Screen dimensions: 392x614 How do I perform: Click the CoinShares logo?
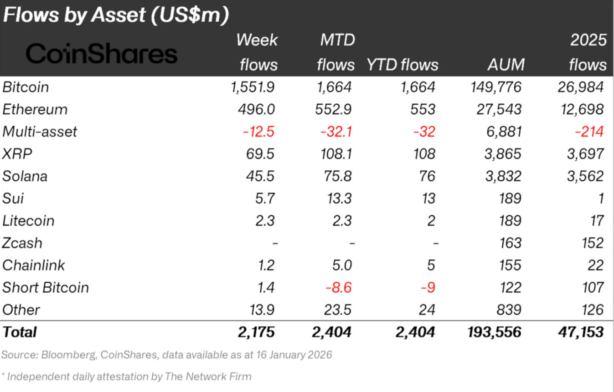(x=101, y=54)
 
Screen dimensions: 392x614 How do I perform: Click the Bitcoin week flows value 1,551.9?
(x=253, y=87)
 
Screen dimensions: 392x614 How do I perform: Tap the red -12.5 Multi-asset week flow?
(x=258, y=132)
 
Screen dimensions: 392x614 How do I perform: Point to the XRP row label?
(x=17, y=154)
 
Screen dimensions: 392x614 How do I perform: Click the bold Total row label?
(x=20, y=332)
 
